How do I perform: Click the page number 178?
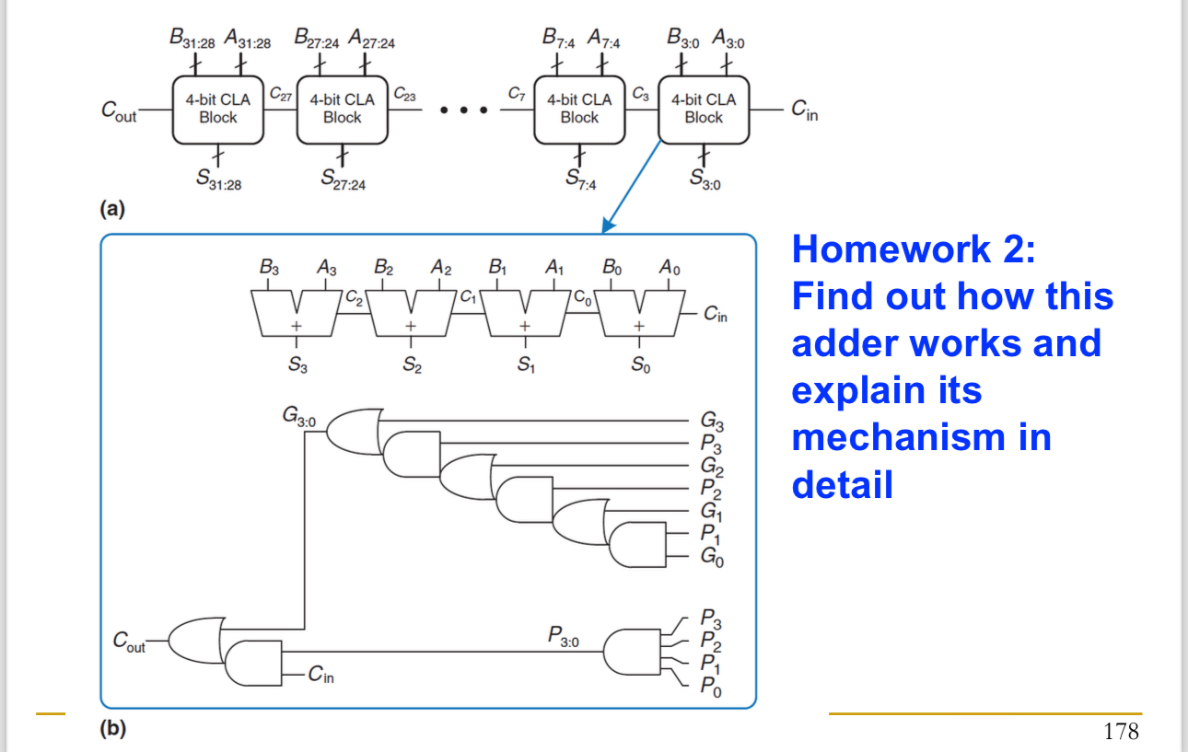pos(1121,732)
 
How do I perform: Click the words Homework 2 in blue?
pos(914,249)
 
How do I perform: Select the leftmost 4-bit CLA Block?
pos(217,109)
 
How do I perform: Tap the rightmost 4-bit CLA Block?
pos(704,109)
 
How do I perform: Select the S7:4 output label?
pos(581,181)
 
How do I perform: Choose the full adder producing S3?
pos(297,313)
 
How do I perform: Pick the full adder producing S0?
pos(638,313)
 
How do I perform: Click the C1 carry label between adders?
pos(468,297)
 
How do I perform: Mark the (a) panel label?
pos(112,209)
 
